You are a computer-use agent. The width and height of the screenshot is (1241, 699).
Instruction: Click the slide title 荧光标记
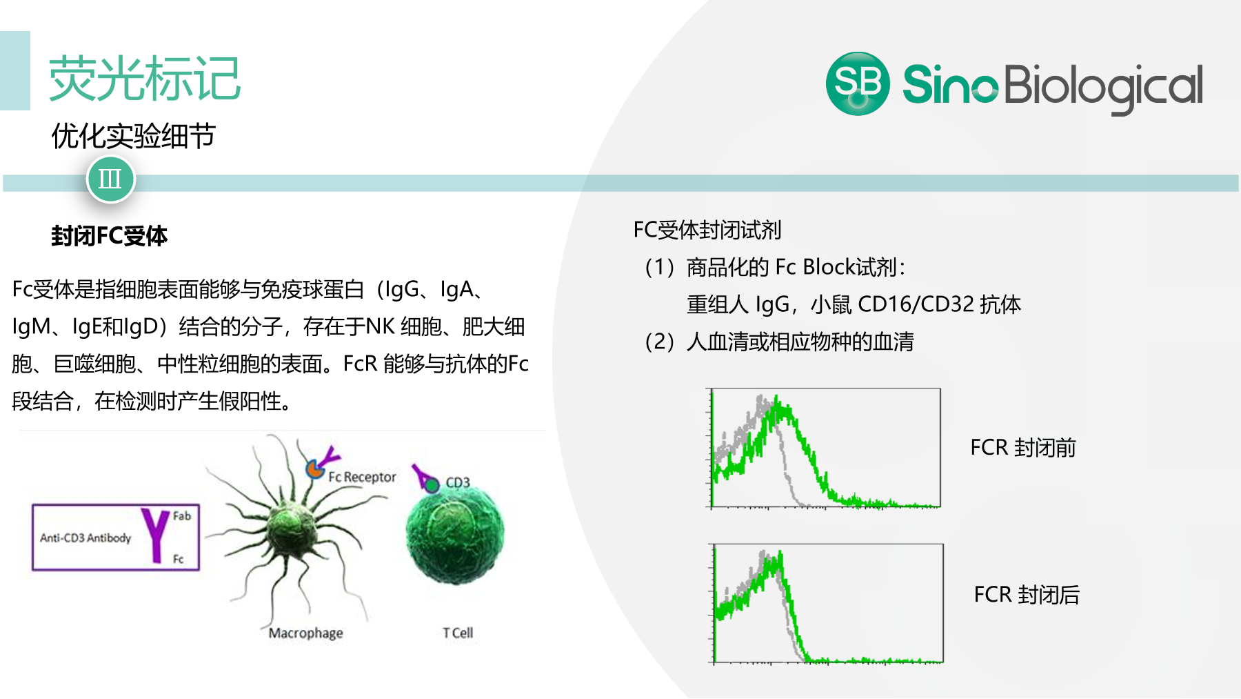145,79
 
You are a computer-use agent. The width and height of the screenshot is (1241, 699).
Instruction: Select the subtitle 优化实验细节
134,136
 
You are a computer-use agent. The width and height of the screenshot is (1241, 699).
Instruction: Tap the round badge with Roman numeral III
110,179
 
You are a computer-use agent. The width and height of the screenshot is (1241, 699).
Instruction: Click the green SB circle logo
858,83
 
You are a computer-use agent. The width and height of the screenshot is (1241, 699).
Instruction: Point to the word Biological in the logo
1104,87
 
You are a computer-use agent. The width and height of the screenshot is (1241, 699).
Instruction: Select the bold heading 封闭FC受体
110,236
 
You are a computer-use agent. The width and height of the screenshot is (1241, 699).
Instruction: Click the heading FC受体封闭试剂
707,230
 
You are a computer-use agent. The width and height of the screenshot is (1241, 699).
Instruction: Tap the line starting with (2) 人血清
779,342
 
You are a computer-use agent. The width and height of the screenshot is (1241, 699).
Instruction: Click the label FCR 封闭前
1023,447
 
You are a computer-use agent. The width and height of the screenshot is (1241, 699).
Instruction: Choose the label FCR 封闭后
1027,594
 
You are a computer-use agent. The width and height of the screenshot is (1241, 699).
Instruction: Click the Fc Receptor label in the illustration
362,477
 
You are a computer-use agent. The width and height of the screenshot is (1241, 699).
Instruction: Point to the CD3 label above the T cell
458,482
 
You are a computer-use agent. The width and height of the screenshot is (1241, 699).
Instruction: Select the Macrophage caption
306,633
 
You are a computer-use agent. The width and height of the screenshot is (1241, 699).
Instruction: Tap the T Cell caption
458,633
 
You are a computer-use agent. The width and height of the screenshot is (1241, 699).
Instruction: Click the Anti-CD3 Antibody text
85,538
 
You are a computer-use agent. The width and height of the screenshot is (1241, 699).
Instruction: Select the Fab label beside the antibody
182,515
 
